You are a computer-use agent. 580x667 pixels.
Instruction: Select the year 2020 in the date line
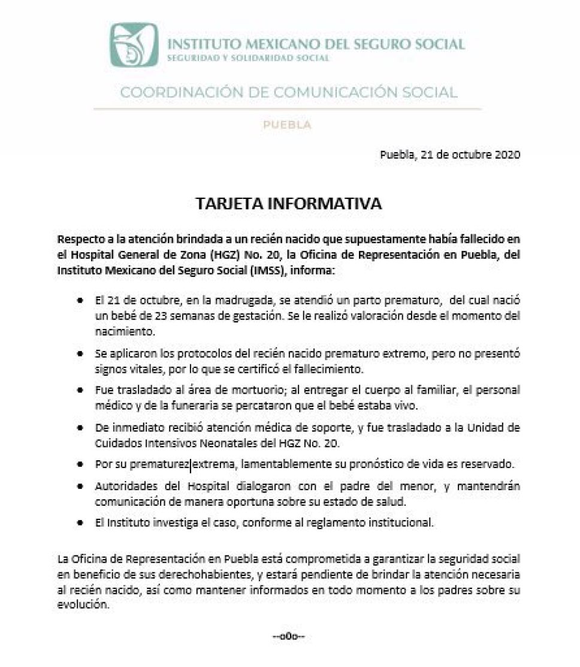(507, 154)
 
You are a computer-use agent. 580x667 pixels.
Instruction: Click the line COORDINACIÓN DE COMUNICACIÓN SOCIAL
(289, 92)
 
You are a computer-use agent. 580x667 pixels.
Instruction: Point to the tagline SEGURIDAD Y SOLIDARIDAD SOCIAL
(248, 58)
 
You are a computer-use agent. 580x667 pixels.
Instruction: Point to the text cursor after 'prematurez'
(190, 464)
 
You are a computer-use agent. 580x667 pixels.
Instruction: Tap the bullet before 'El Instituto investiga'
(80, 523)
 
